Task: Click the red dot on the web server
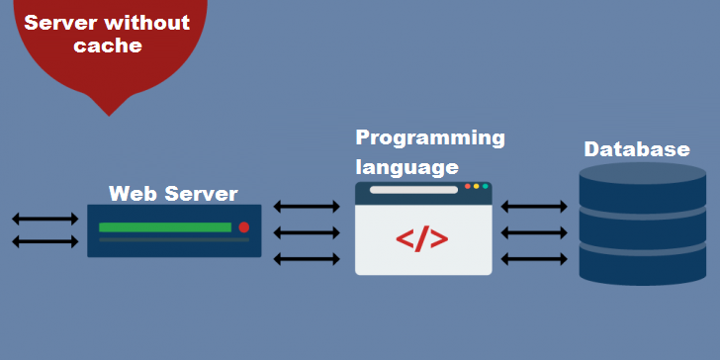click(x=243, y=227)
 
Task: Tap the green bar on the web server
click(x=164, y=227)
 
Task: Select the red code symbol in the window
click(x=422, y=239)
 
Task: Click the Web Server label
click(x=173, y=193)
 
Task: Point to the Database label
click(x=637, y=149)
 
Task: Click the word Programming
click(x=430, y=137)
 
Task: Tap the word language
click(x=407, y=165)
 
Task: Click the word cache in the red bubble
click(x=108, y=45)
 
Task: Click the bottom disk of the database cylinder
click(x=643, y=263)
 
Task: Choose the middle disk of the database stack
click(x=643, y=225)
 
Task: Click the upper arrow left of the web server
click(x=45, y=218)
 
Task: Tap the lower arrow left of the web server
click(x=45, y=241)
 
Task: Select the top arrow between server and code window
click(x=307, y=207)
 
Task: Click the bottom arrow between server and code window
click(x=307, y=259)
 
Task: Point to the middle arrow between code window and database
click(x=534, y=232)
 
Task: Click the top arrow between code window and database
click(x=534, y=207)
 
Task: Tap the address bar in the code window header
click(x=413, y=189)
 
